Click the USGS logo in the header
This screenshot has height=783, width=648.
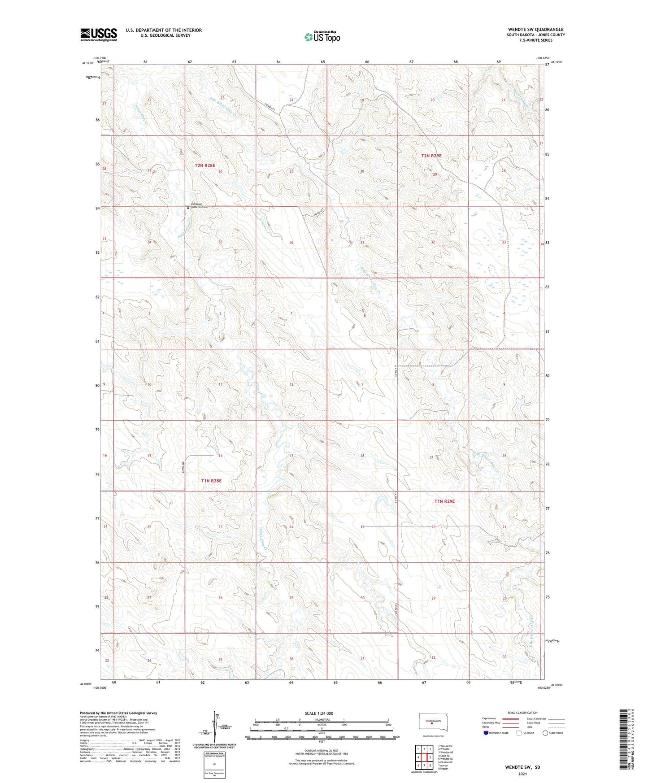click(98, 35)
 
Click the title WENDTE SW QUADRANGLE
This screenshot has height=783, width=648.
click(535, 30)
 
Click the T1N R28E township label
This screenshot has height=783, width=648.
click(211, 480)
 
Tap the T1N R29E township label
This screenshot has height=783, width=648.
click(444, 501)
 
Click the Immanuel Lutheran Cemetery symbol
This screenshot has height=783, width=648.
click(188, 208)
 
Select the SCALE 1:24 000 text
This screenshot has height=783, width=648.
click(319, 713)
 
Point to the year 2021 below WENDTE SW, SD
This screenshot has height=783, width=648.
click(522, 774)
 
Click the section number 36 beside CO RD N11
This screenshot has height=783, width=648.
click(291, 243)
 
